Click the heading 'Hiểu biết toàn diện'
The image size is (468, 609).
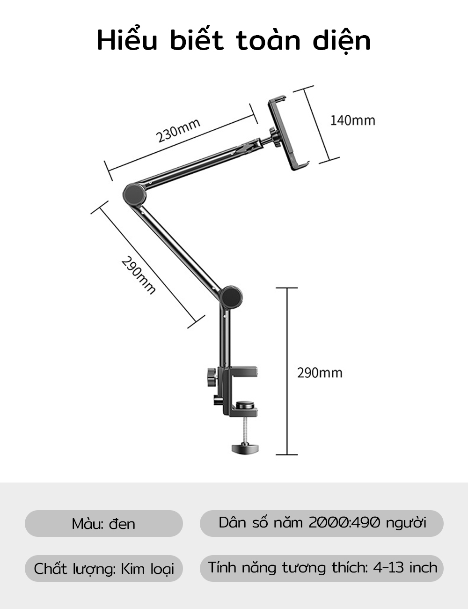(234, 41)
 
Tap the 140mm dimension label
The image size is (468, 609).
(353, 120)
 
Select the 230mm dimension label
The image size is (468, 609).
(178, 130)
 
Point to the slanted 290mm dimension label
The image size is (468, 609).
(138, 275)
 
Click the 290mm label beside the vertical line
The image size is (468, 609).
(320, 373)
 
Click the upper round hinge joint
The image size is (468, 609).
(135, 194)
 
